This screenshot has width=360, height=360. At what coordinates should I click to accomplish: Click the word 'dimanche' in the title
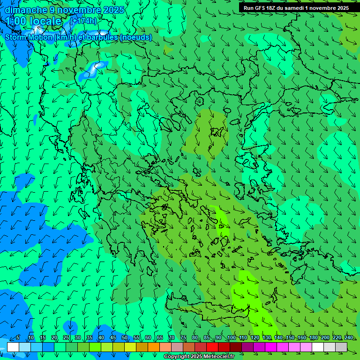pyautogui.click(x=26, y=10)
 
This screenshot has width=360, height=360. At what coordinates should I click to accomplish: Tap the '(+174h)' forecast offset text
pyautogui.click(x=83, y=21)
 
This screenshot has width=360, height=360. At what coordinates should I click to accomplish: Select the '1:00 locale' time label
pyautogui.click(x=34, y=21)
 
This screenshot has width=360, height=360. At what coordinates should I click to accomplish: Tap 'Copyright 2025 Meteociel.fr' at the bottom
pyautogui.click(x=199, y=357)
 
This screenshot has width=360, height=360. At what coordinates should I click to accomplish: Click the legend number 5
pyautogui.click(x=18, y=338)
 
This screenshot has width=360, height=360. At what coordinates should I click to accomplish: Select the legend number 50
pyautogui.click(x=125, y=338)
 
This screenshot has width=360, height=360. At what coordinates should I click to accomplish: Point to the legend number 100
pyautogui.click(x=231, y=338)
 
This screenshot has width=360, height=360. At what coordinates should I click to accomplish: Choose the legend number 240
pyautogui.click(x=348, y=338)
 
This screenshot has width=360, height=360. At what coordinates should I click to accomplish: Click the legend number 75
pyautogui.click(x=183, y=338)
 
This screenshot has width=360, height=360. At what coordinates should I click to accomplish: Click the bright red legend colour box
pyautogui.click(x=212, y=347)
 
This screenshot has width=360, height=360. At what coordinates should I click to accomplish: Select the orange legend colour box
pyautogui.click(x=154, y=347)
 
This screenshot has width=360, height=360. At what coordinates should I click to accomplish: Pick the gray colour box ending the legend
pyautogui.click(x=341, y=347)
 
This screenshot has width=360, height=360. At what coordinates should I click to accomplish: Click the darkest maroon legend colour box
pyautogui.click(x=236, y=347)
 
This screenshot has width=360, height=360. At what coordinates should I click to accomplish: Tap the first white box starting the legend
pyautogui.click(x=13, y=347)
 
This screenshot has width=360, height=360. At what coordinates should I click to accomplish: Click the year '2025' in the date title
pyautogui.click(x=114, y=10)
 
